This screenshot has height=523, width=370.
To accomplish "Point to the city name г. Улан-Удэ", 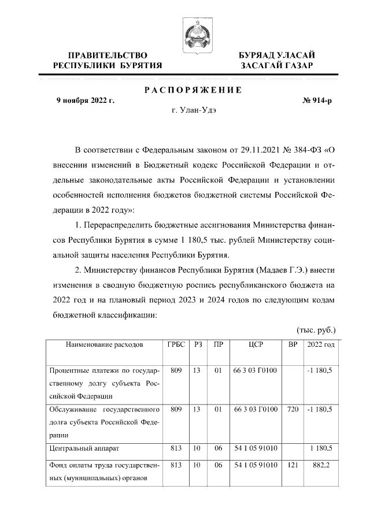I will click(x=192, y=110).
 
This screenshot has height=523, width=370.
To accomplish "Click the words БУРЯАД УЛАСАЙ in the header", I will click(x=277, y=55).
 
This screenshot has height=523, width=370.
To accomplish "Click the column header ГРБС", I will click(x=176, y=344).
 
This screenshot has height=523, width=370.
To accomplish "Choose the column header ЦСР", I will click(x=256, y=344).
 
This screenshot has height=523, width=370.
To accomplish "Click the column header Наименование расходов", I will click(x=103, y=344).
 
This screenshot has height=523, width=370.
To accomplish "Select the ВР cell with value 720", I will click(x=293, y=409).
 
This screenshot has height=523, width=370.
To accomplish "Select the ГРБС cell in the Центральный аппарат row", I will click(x=176, y=447).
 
